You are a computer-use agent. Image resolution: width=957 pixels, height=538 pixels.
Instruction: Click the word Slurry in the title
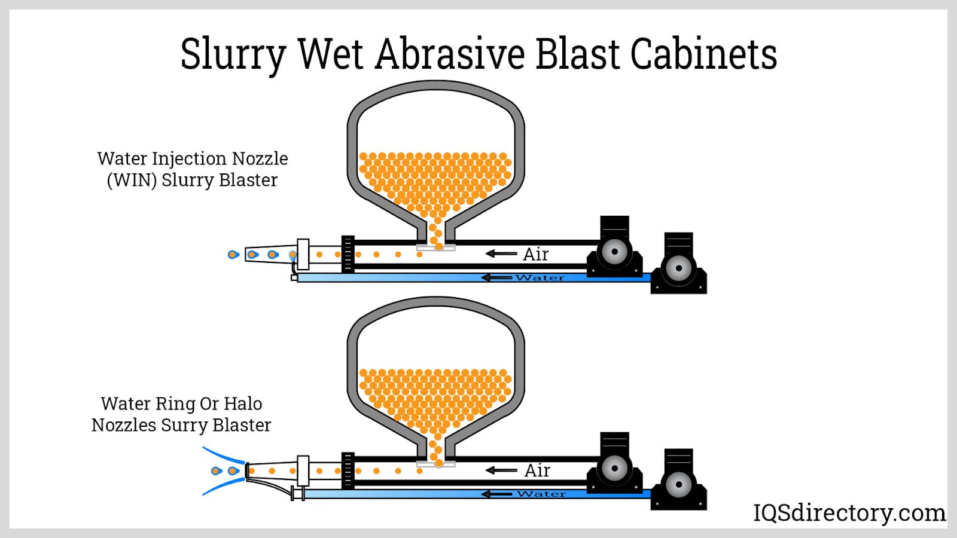233,55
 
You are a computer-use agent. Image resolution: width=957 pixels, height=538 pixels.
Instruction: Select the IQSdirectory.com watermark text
849,513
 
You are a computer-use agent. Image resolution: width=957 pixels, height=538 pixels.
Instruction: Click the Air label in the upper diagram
535,255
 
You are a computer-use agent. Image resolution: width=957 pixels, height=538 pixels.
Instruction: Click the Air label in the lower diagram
537,471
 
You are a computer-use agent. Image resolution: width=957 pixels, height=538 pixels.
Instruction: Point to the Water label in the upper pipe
540,278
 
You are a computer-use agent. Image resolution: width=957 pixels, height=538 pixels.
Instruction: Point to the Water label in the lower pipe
541,494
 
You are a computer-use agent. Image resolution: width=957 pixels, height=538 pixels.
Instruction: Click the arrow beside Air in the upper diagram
501,254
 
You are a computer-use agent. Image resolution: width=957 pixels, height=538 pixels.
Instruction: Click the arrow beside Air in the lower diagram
501,470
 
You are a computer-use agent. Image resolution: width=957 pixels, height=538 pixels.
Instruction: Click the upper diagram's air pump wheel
614,252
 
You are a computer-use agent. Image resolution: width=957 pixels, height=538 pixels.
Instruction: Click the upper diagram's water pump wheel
679,268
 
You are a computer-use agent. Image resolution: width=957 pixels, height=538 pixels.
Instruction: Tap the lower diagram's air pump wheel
614,468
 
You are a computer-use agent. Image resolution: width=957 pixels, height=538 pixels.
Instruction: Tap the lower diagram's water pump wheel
679,485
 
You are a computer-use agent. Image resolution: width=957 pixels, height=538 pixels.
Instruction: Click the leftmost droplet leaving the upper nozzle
233,255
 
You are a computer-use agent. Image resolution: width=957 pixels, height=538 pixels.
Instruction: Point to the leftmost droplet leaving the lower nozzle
217,471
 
